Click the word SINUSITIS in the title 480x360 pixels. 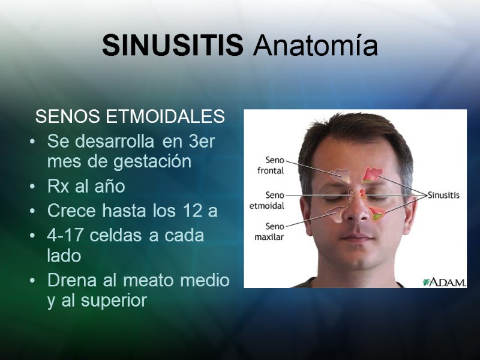tap(172, 46)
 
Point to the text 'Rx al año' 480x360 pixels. tap(86, 187)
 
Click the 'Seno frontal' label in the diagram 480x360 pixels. tap(271, 165)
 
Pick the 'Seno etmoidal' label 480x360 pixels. tap(266, 200)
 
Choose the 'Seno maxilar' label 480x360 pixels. tap(270, 231)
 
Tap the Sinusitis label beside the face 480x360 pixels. tap(443, 195)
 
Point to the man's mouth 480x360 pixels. tap(356, 238)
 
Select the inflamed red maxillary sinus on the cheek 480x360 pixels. tap(377, 214)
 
